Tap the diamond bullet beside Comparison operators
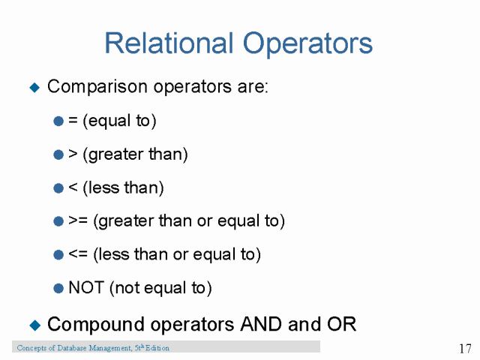point(34,87)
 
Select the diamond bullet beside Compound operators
point(34,325)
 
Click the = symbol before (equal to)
point(73,121)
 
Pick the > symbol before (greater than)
point(73,154)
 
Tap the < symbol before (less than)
point(73,187)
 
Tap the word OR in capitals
point(342,324)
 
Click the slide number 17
point(464,349)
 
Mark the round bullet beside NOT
point(58,288)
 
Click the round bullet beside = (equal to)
point(58,121)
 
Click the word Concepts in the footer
point(31,348)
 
